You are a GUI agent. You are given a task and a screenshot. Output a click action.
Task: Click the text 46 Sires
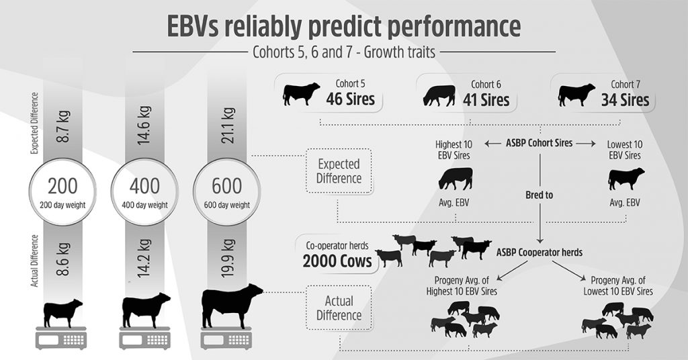(x=351, y=100)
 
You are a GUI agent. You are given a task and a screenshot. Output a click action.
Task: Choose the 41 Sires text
(x=486, y=100)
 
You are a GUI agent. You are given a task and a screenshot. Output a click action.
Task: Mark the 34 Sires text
(x=625, y=100)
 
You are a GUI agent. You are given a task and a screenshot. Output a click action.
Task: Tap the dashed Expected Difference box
(x=339, y=171)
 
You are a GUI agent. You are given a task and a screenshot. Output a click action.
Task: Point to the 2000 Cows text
(x=337, y=261)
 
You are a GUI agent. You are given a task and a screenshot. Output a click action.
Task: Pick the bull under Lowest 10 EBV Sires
(x=626, y=179)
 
